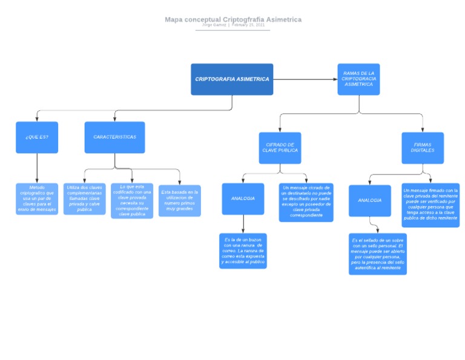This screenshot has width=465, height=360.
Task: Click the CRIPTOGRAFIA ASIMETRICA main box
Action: pos(232,79)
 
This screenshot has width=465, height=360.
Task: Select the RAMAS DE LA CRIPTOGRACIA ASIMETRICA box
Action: pos(358,79)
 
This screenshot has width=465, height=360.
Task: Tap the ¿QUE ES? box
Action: pos(37,137)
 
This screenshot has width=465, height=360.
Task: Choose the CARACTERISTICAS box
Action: pos(114,137)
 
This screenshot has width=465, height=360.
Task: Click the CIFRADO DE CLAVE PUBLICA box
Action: pos(280,148)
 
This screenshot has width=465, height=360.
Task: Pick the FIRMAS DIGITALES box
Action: pos(423,148)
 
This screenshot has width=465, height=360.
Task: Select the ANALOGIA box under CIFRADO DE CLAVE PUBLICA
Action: pos(243,199)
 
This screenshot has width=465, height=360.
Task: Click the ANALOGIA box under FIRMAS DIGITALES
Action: pos(369,201)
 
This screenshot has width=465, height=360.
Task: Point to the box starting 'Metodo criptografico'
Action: pos(37,199)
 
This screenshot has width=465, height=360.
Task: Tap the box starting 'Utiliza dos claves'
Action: pos(84,199)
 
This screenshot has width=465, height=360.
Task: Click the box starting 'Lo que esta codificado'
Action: pos(132,201)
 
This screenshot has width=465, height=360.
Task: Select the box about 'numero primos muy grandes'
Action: pos(180,201)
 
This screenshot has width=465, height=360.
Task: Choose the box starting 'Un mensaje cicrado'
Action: pos(306,202)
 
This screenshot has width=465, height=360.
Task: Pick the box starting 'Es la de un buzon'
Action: pos(243,251)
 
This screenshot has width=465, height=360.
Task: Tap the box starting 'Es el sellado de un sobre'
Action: pos(377,254)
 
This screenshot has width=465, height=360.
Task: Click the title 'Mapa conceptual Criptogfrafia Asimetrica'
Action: pos(232,19)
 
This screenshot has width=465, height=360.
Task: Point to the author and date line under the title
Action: pos(232,25)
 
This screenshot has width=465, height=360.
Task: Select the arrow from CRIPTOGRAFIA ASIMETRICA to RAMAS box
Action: pos(305,79)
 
